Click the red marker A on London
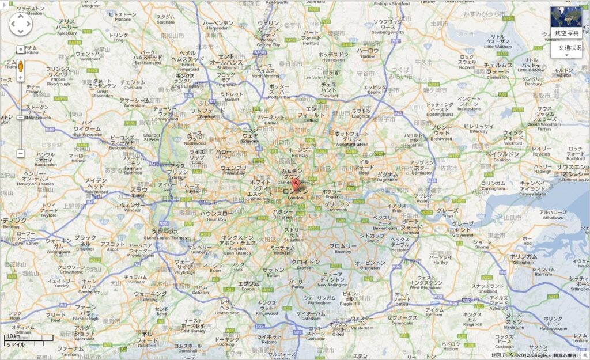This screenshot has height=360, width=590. (x=297, y=184)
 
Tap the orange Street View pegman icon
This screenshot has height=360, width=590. (x=21, y=66)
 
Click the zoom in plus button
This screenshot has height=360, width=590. (x=21, y=78)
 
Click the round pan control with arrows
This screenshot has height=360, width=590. (x=21, y=24)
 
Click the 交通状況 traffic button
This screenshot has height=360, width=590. (x=569, y=48)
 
